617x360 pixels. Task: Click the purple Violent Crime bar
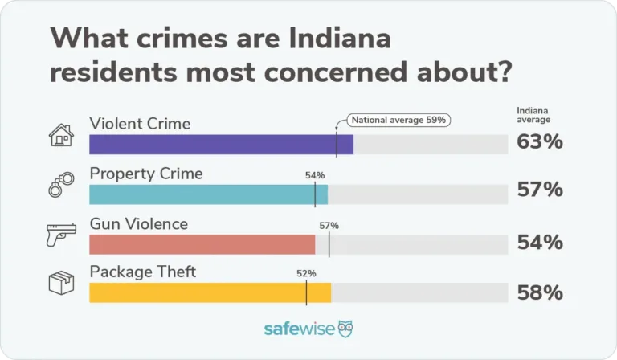pos(221,145)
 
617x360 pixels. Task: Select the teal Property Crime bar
pos(208,194)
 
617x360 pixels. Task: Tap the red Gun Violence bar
pos(202,244)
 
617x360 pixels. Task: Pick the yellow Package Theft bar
pos(210,293)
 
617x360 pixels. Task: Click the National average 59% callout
pos(398,121)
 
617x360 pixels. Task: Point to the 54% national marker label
pos(314,175)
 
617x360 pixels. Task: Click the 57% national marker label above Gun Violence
pos(329,226)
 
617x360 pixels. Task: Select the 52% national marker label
pos(306,273)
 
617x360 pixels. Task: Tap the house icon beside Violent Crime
pos(61,135)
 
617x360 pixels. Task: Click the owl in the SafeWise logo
pos(345,329)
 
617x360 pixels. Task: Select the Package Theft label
pos(142,272)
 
